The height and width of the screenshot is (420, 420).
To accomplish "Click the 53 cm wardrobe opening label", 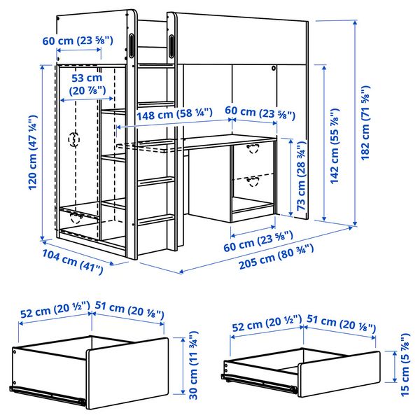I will coord(87,84).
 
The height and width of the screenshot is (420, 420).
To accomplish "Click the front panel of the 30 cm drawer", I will coord(126,371).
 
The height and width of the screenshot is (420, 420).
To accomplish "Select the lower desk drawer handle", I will coord(253,181).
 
